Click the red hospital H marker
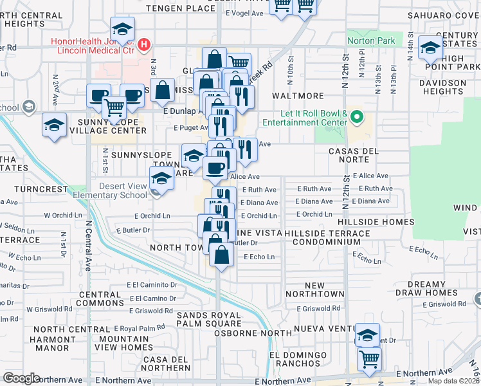(145, 45)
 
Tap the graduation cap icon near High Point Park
(430, 47)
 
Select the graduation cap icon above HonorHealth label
(122, 29)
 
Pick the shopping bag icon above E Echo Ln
(221, 253)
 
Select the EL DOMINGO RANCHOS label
(298, 360)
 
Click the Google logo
(21, 378)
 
